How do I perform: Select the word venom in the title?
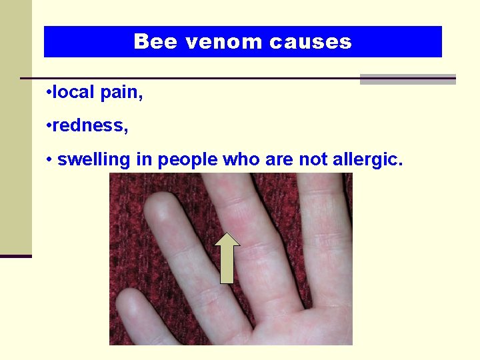(224, 42)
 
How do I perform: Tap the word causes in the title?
(311, 42)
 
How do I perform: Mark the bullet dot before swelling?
(49, 160)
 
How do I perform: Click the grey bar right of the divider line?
(407, 79)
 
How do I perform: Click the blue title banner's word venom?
(224, 42)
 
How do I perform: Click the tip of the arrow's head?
(227, 233)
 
